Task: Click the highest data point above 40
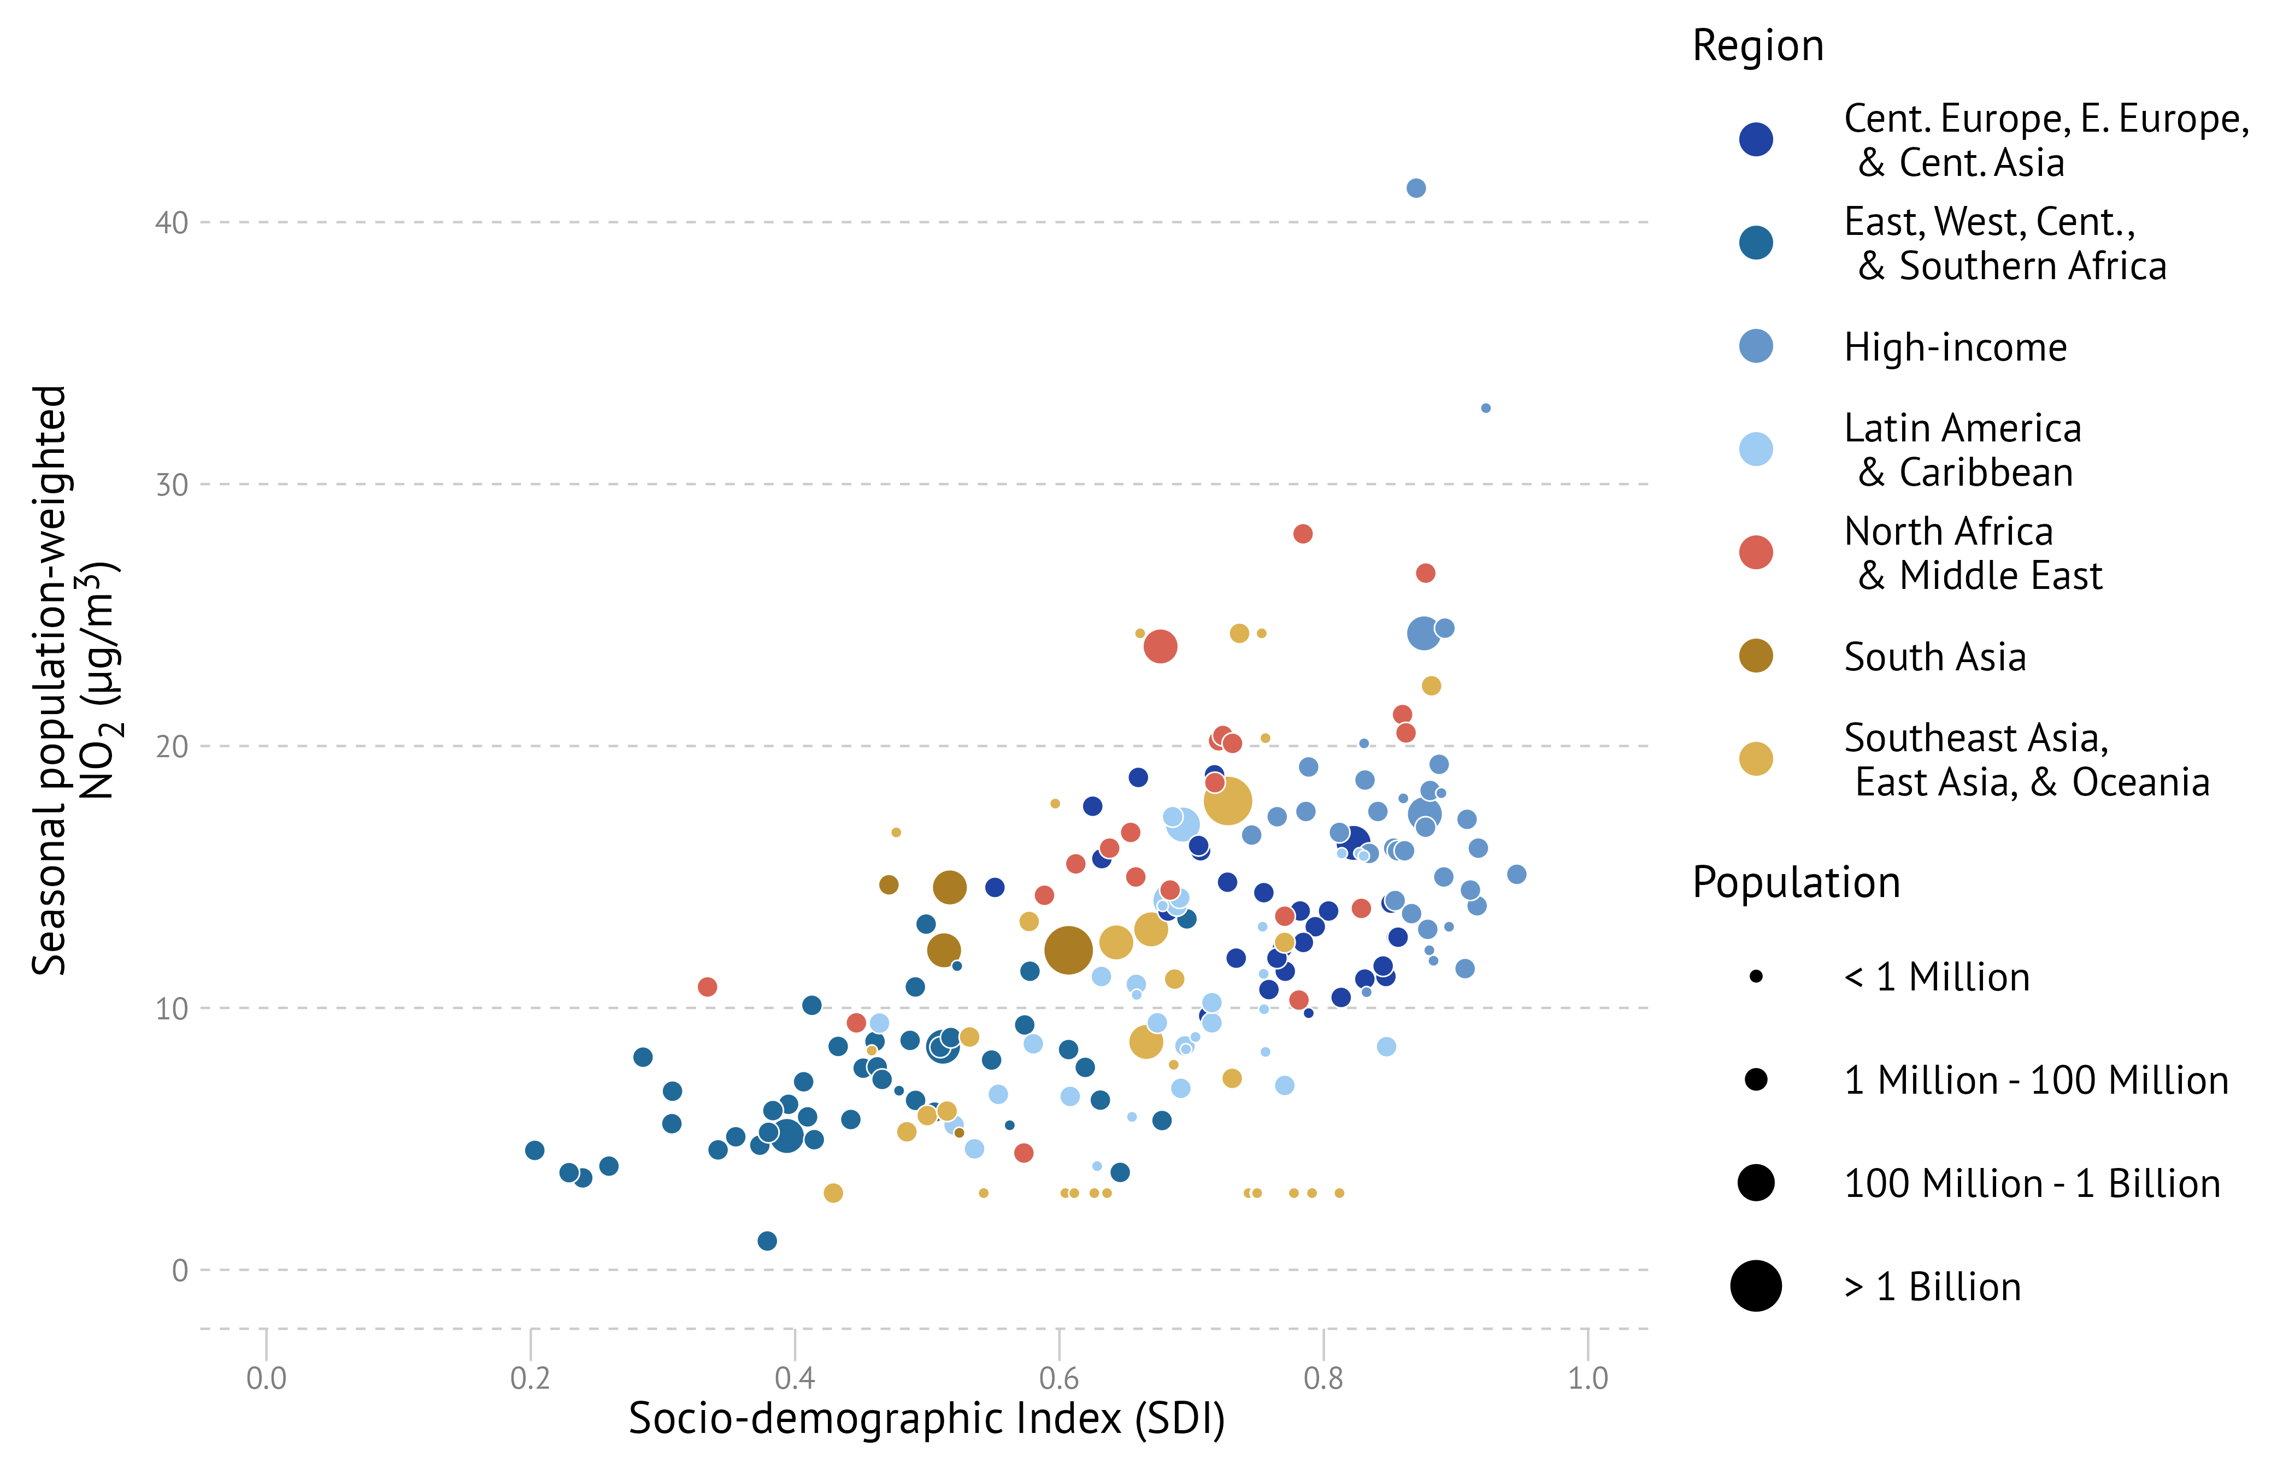tap(1416, 188)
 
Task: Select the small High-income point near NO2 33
tap(1486, 408)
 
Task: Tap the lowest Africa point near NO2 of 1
tap(767, 1240)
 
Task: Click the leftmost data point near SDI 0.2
tap(534, 1149)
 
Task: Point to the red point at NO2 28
tap(1303, 534)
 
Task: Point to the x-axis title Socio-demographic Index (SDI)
tap(926, 1419)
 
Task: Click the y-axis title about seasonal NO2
tap(75, 680)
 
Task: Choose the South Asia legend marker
tap(1756, 656)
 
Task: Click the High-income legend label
tap(1955, 347)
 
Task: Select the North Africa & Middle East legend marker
tap(1756, 553)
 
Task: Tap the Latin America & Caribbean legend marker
tap(1756, 449)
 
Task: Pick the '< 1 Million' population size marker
tap(1756, 977)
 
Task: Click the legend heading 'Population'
tap(1796, 882)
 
